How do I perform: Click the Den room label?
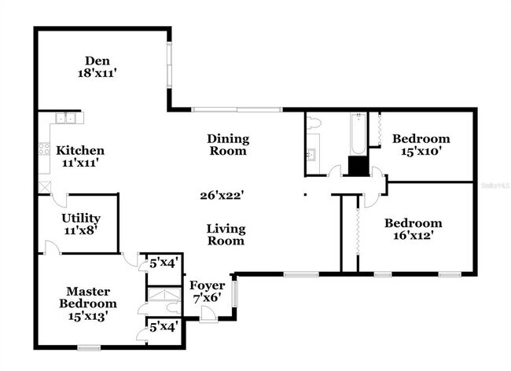[100, 61]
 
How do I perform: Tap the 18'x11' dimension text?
[100, 74]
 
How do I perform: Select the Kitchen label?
[82, 150]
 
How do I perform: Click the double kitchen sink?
[64, 119]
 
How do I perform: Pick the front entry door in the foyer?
[208, 314]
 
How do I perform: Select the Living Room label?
[226, 235]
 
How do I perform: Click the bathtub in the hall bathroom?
[358, 134]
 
